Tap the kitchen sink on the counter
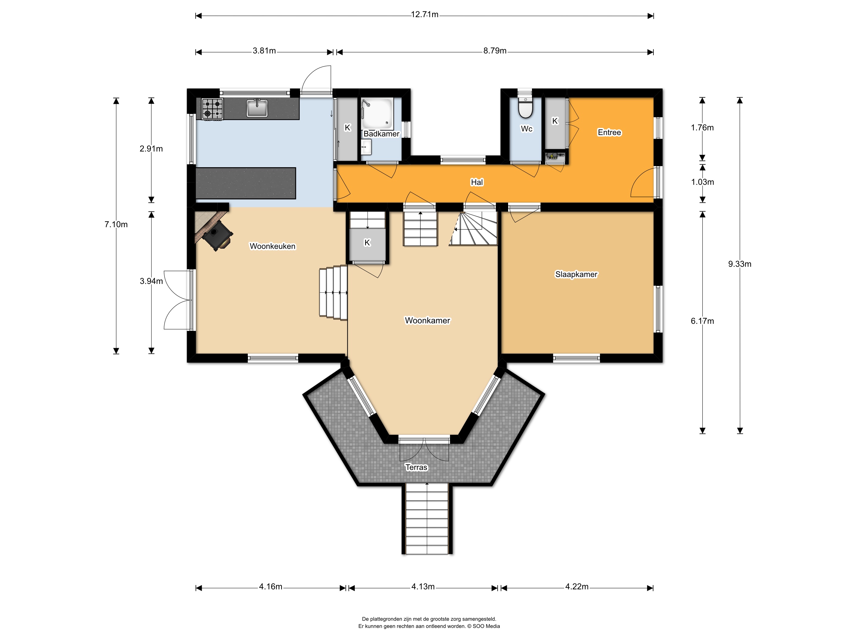(x=257, y=108)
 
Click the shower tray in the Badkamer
(x=377, y=114)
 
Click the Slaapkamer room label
(x=576, y=274)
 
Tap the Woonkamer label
(x=427, y=321)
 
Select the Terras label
(x=416, y=468)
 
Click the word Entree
(x=609, y=133)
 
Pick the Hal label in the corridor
(x=477, y=182)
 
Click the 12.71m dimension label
(x=425, y=15)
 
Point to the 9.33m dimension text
(x=739, y=264)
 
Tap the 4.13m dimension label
(x=423, y=586)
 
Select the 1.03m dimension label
(x=702, y=182)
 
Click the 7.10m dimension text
(x=116, y=224)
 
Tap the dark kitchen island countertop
(x=246, y=183)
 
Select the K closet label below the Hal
(x=367, y=243)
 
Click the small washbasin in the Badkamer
(x=366, y=147)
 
